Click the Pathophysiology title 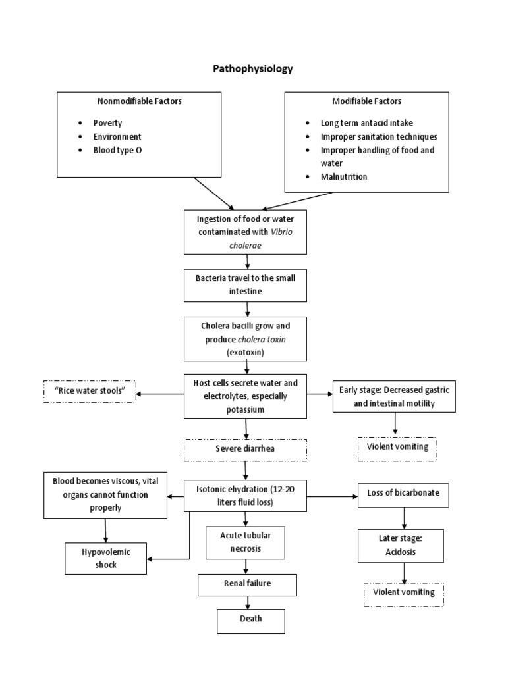pos(252,68)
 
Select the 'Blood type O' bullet pos(117,150)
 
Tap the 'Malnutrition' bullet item pos(344,176)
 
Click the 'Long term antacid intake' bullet pos(367,123)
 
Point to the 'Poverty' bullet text pos(107,123)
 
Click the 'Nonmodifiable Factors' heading pos(140,101)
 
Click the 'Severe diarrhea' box pos(245,450)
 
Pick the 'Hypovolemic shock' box pos(106,557)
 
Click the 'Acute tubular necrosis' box pos(245,541)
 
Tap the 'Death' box pos(250,619)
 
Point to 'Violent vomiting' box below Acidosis pos(403,592)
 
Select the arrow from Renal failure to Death pos(248,602)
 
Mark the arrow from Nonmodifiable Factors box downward pos(213,192)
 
